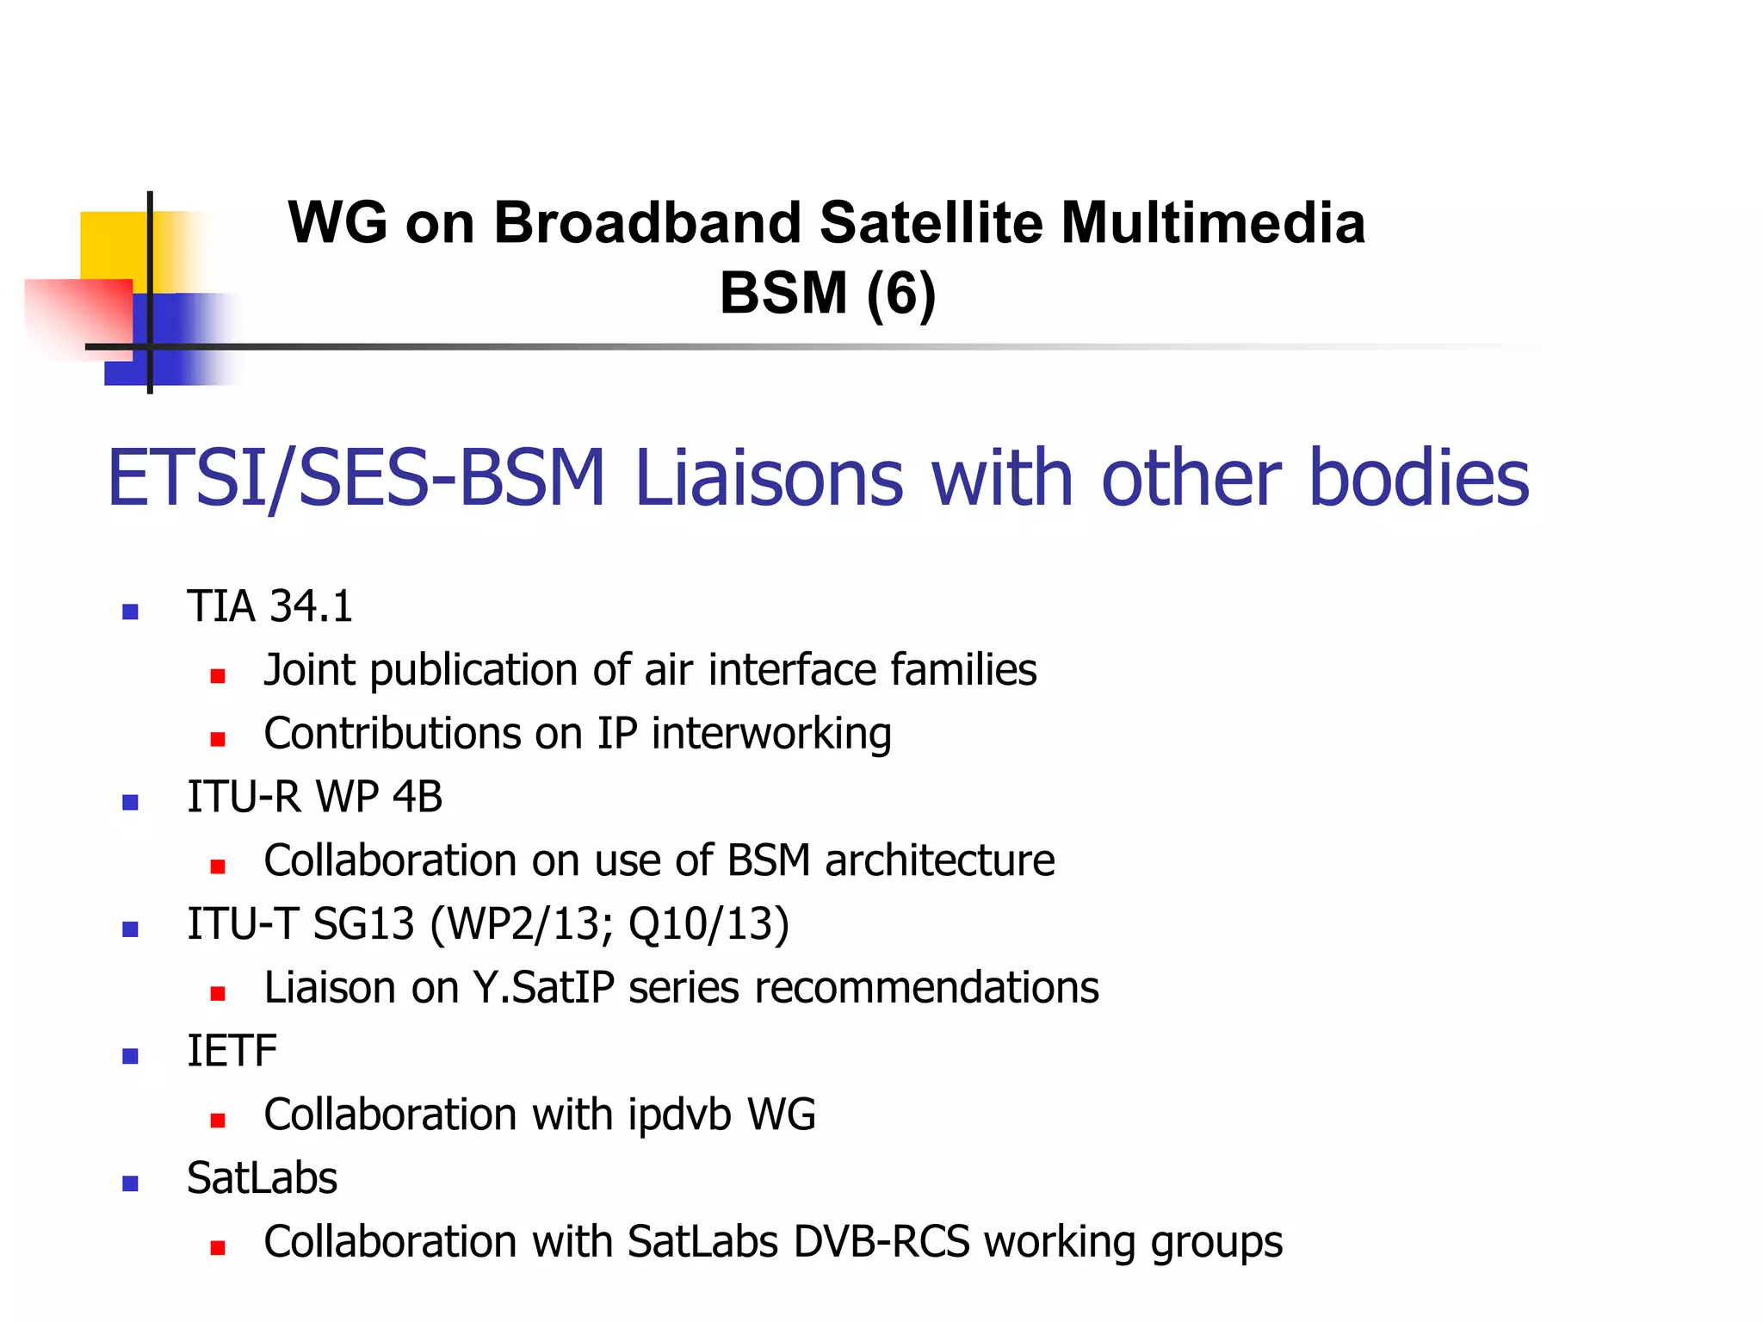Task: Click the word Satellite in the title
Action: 931,223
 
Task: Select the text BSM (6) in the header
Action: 827,294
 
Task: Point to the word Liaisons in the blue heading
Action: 769,478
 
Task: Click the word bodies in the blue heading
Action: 1418,478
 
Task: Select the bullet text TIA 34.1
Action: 269,606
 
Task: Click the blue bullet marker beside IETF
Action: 131,1057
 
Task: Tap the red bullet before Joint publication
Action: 218,676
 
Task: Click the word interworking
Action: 770,734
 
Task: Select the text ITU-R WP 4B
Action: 314,797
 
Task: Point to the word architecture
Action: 939,860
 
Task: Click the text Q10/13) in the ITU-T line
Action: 708,924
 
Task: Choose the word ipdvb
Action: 680,1115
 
